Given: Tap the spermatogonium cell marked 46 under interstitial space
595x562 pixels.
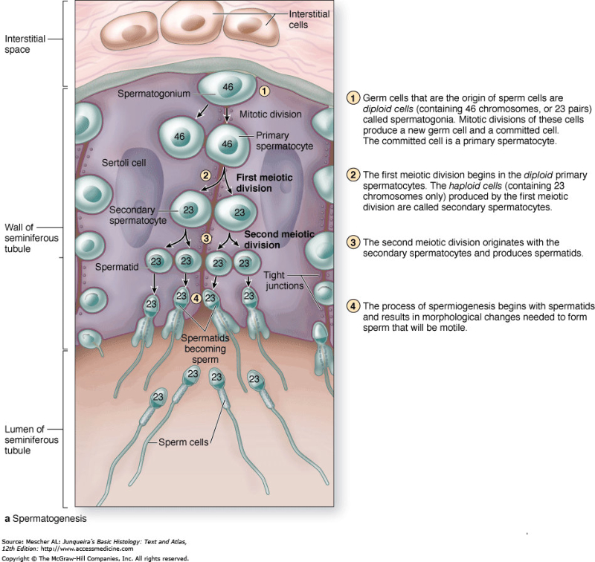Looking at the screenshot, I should tap(227, 88).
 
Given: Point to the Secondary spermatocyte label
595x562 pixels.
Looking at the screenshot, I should tap(138, 216).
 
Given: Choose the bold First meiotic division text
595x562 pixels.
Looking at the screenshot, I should tap(264, 184).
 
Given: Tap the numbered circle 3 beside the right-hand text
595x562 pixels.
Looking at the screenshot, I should tap(353, 243).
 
